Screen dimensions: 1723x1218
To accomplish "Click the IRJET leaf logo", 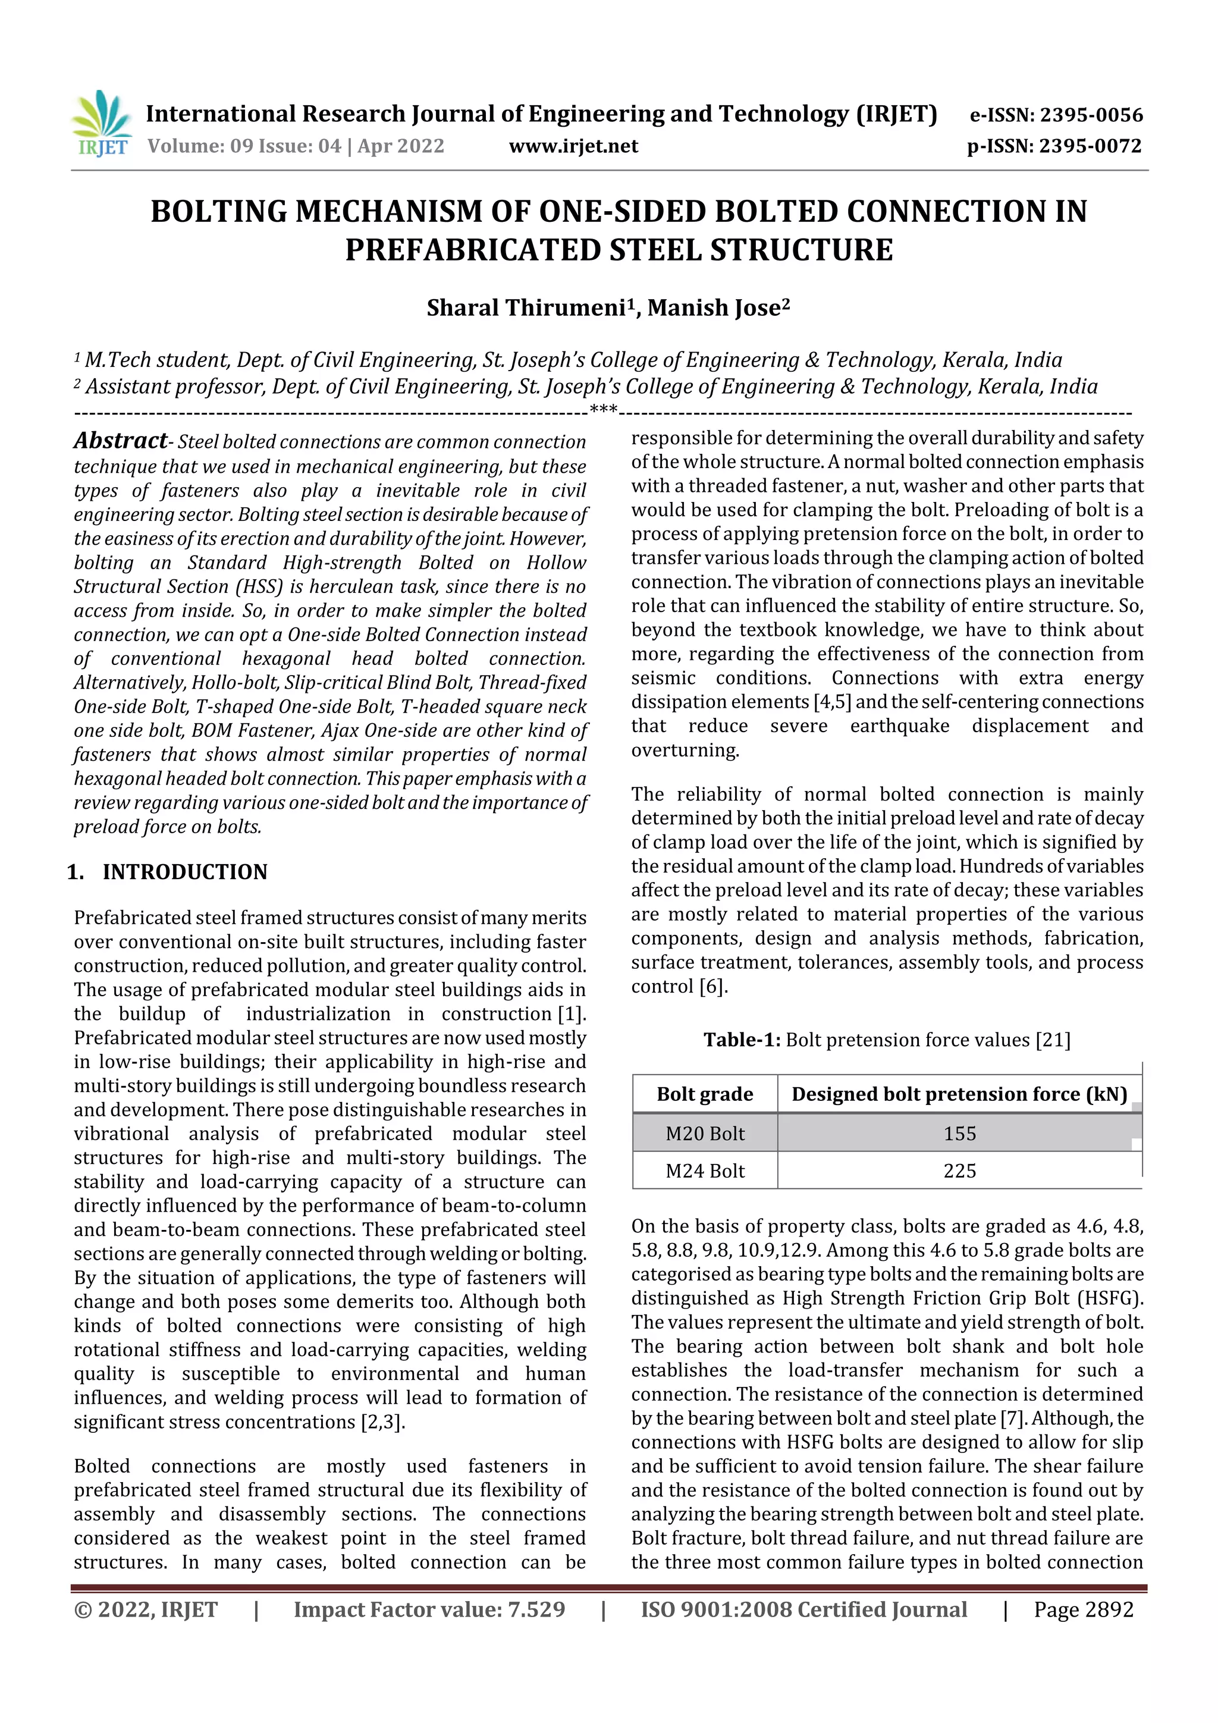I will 101,123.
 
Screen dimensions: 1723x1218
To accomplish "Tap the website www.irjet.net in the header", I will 573,146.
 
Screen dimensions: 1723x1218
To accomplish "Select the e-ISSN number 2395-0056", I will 1091,115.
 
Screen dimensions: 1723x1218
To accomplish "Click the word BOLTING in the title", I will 218,212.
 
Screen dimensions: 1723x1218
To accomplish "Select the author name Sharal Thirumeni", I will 525,307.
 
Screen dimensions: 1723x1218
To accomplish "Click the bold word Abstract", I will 120,441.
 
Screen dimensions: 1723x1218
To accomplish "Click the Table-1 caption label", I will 742,1040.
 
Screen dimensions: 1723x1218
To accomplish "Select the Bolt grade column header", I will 705,1094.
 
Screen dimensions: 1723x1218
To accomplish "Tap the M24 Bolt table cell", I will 705,1170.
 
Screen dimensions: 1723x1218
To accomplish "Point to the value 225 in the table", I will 959,1170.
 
